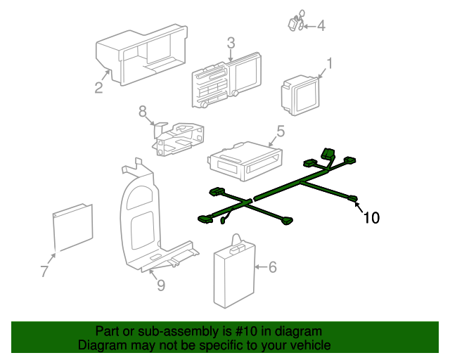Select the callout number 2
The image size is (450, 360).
tap(99, 88)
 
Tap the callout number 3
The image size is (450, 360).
tap(231, 43)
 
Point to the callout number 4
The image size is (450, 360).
tap(321, 26)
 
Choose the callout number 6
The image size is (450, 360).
tap(273, 267)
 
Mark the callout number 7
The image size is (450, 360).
tap(44, 271)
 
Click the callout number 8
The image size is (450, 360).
tap(142, 111)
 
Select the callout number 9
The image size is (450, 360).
tap(160, 285)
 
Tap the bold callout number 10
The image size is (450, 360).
tap(371, 218)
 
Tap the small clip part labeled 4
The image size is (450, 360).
tap(295, 22)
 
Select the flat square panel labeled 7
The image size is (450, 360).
tap(74, 226)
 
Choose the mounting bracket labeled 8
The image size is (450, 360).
tap(179, 137)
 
